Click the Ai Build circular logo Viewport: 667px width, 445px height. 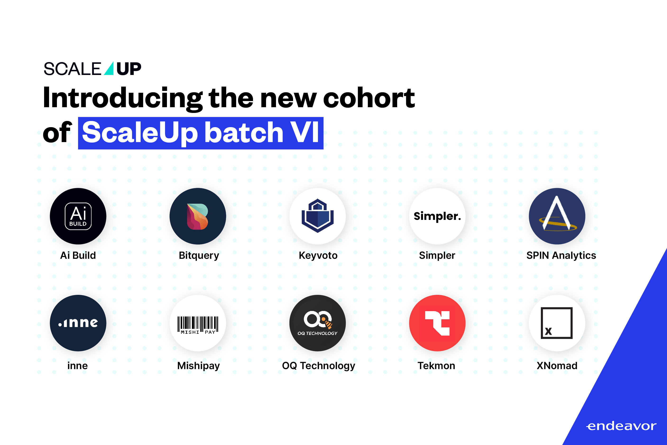pyautogui.click(x=78, y=216)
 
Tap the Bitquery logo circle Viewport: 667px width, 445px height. pyautogui.click(x=198, y=216)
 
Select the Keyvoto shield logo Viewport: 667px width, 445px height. pyautogui.click(x=317, y=216)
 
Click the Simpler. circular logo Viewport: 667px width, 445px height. pyautogui.click(x=437, y=216)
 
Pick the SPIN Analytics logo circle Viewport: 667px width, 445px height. pyautogui.click(x=557, y=216)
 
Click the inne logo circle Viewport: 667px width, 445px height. pyautogui.click(x=78, y=323)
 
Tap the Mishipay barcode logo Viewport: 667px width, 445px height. pyautogui.click(x=198, y=323)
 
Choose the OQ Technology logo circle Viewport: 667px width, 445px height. pyautogui.click(x=317, y=323)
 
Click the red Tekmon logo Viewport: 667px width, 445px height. pyautogui.click(x=437, y=323)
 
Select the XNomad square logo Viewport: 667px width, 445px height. pyautogui.click(x=557, y=323)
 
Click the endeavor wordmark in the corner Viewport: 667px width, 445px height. pyautogui.click(x=621, y=426)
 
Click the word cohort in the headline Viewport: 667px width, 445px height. pyautogui.click(x=369, y=98)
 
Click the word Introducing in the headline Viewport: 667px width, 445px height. pyautogui.click(x=123, y=98)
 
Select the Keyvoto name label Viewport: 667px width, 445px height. pyautogui.click(x=318, y=255)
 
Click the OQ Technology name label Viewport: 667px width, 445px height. pyautogui.click(x=318, y=366)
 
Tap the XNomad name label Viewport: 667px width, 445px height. pyautogui.click(x=557, y=366)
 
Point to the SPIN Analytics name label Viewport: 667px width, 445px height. pyautogui.click(x=561, y=255)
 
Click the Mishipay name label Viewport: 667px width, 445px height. pyautogui.click(x=198, y=366)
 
